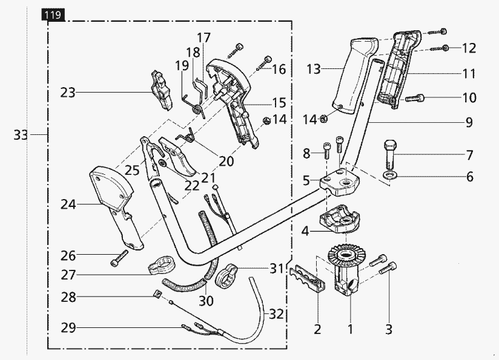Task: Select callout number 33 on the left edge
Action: (21, 135)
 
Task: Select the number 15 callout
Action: (278, 103)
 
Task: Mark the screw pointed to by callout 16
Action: (265, 61)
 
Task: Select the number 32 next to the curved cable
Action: (276, 314)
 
